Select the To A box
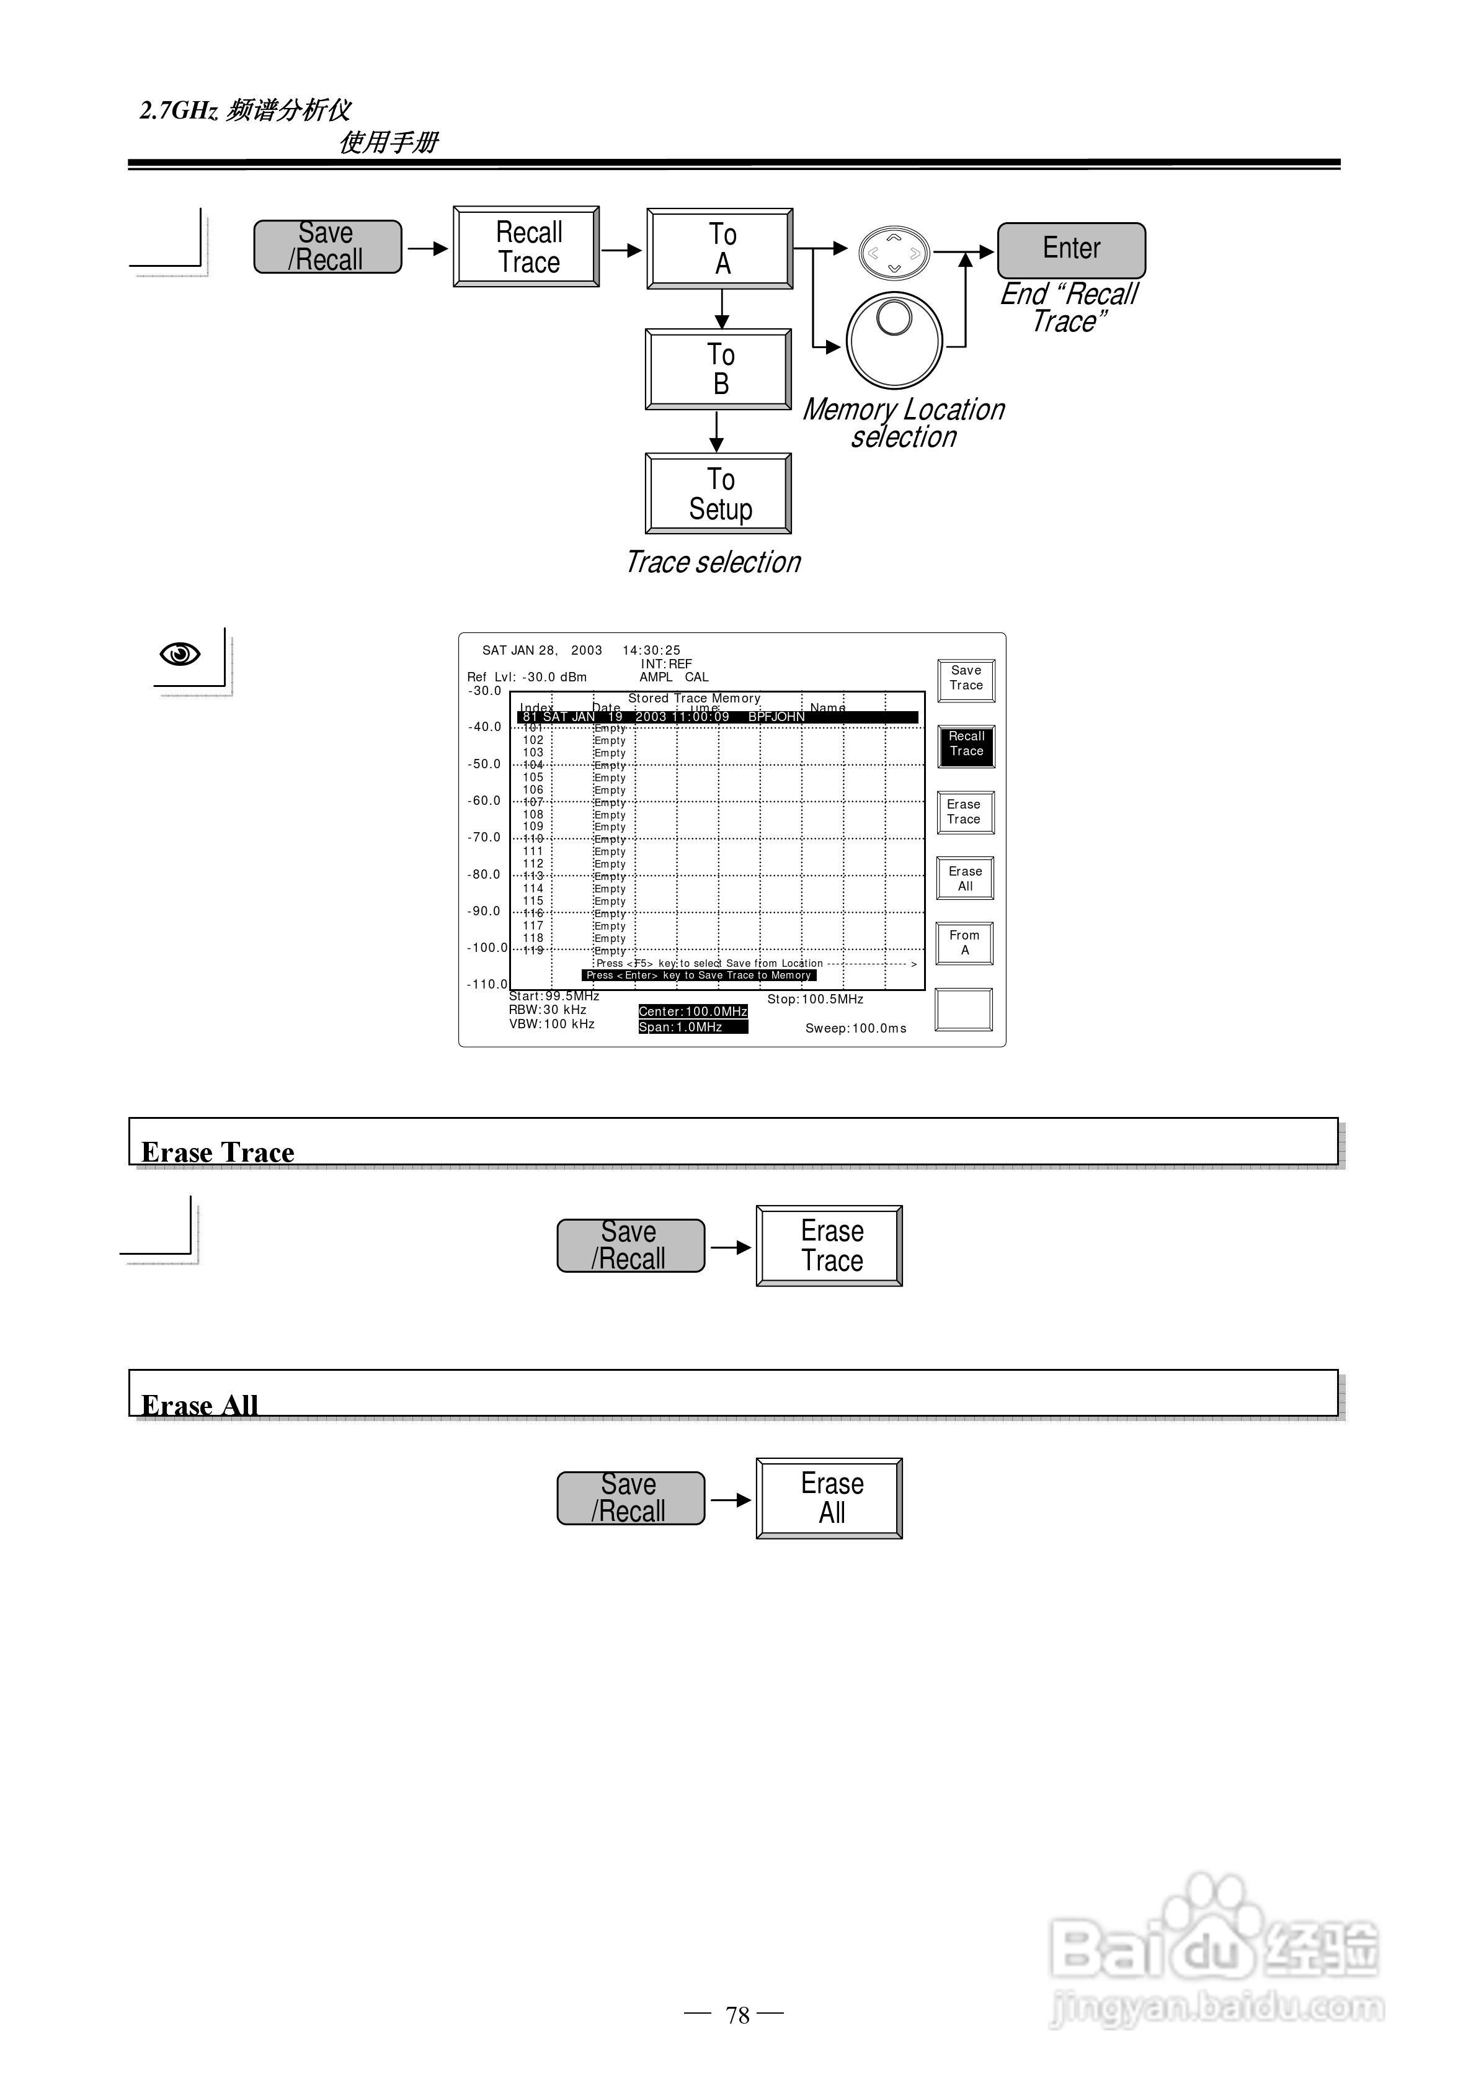(720, 248)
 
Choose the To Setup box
(718, 493)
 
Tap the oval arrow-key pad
(894, 252)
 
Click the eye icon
(179, 653)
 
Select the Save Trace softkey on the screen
(966, 679)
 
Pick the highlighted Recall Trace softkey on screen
(966, 745)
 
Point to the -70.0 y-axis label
(484, 838)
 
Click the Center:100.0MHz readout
(693, 1011)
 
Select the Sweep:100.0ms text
(855, 1029)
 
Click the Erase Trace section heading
(218, 1152)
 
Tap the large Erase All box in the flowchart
(829, 1499)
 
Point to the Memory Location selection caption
(904, 423)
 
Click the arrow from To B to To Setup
(717, 431)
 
